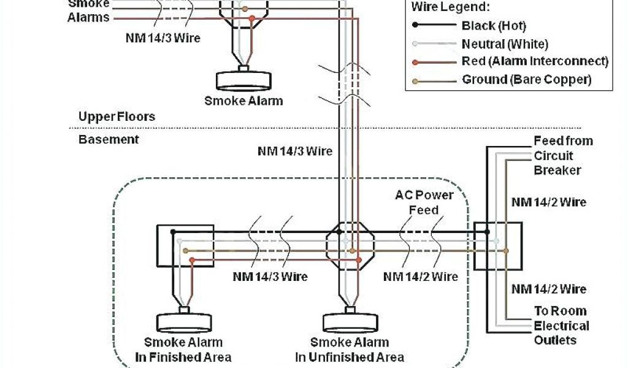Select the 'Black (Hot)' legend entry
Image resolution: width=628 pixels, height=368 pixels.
pos(493,26)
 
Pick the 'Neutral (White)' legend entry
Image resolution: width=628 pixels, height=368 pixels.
pos(504,44)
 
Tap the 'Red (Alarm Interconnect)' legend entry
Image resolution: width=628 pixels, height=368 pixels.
pos(534,61)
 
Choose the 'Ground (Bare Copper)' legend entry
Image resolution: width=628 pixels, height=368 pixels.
pos(526,79)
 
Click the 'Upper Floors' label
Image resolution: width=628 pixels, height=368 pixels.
pos(117,117)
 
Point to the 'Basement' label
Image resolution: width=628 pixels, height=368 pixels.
pos(109,139)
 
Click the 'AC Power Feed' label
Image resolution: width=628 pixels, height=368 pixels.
pos(424,202)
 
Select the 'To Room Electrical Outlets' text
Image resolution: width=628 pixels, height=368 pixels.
pos(560,326)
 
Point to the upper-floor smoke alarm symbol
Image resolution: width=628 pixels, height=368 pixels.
pos(243,80)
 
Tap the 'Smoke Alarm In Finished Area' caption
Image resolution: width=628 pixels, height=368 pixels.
pos(183,350)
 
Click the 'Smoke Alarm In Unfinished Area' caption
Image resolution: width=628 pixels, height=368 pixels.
pos(349,350)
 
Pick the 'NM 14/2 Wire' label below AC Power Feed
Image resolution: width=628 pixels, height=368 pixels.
pos(421,277)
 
